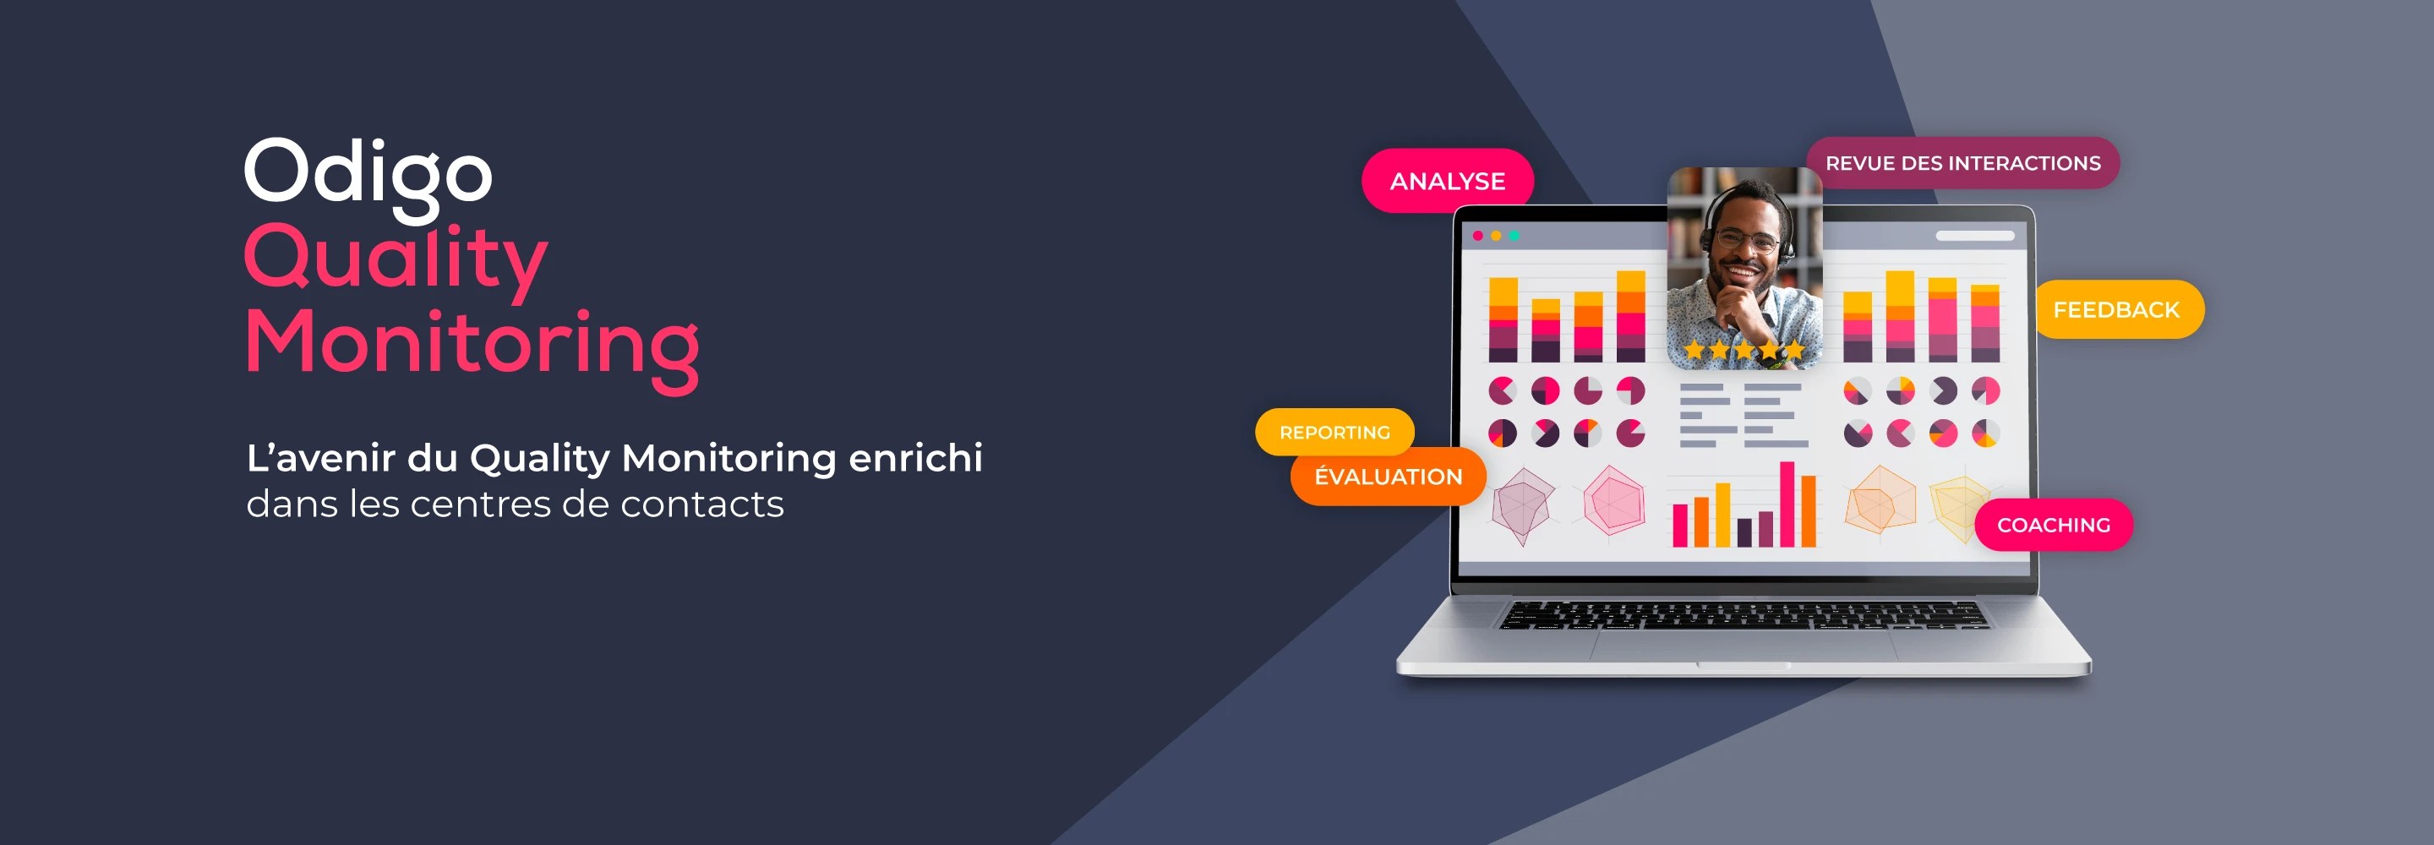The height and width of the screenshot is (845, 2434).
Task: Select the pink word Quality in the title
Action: pos(396,261)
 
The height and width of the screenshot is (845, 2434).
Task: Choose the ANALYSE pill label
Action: pos(1448,181)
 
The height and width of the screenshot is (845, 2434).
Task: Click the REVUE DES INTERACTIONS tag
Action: pos(1963,162)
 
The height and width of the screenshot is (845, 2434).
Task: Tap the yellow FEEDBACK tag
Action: pos(2116,309)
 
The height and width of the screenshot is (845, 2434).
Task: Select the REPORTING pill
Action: pos(1335,432)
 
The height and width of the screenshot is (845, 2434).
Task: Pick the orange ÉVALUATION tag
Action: pos(1388,477)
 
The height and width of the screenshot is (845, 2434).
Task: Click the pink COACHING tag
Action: pos(2053,525)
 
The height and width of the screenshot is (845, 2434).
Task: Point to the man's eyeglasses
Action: pos(1744,240)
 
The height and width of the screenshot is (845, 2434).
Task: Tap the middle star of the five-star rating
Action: pos(1744,351)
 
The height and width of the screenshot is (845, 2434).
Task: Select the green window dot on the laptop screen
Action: pos(1514,236)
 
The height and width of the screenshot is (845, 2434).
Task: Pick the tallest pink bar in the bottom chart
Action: pos(1787,504)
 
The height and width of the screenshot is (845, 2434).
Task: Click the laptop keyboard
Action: pos(1744,615)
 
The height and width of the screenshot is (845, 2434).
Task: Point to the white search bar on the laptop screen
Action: pos(1975,236)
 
